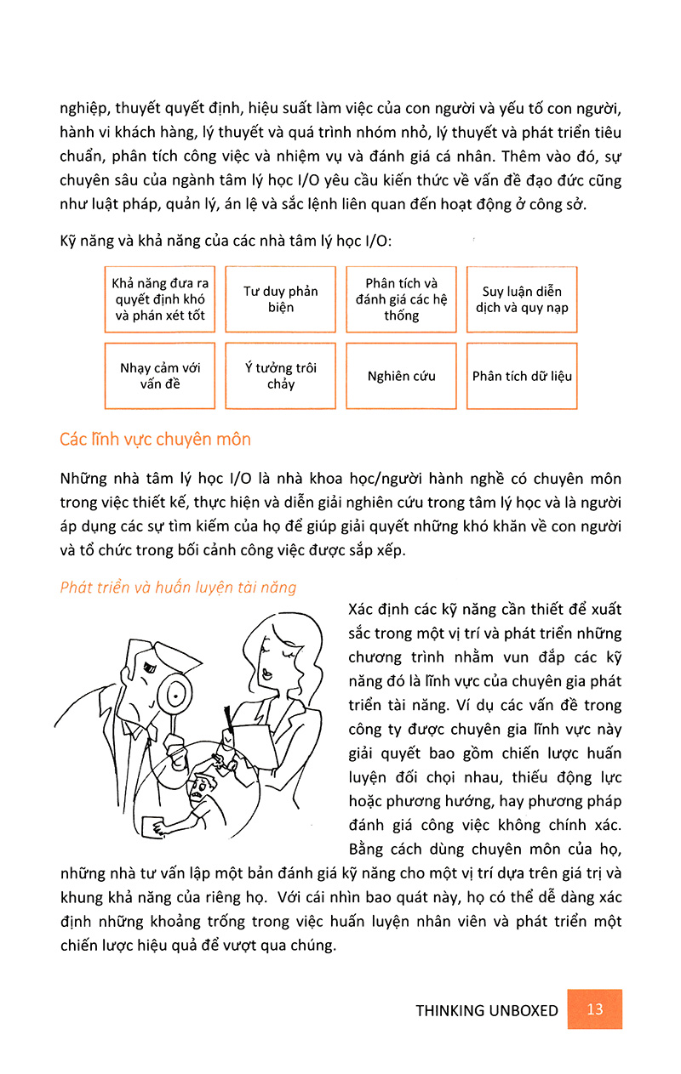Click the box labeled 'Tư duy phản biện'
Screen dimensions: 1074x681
click(281, 299)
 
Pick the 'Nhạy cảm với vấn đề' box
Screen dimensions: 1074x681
click(160, 376)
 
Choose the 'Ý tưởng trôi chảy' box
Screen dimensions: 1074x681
click(281, 376)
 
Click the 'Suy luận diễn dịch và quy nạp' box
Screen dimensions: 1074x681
click(523, 299)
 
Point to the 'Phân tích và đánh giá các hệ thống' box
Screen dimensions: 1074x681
click(402, 299)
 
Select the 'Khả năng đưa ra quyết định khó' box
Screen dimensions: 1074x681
click(160, 299)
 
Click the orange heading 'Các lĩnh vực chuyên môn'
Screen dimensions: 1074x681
click(155, 440)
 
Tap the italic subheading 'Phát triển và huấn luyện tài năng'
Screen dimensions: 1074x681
click(179, 587)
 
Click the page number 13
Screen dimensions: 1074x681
click(595, 1009)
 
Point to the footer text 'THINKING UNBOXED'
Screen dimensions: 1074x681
click(487, 1011)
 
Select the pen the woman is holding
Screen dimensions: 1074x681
click(227, 719)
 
